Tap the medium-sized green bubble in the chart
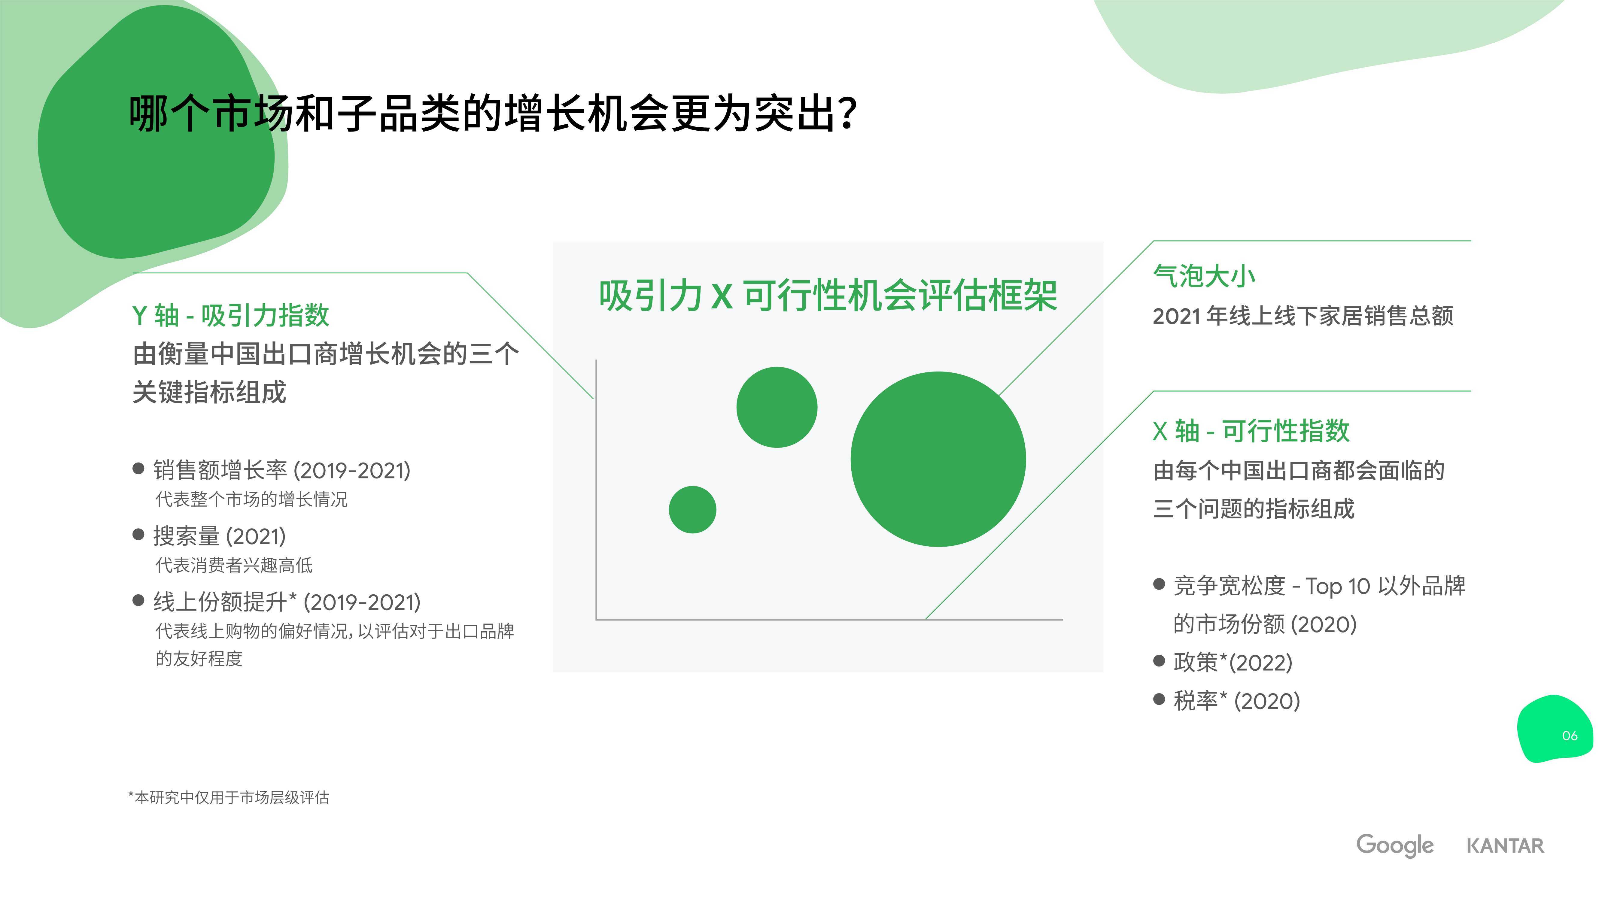point(777,407)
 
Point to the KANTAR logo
point(1505,846)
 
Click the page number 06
point(1570,736)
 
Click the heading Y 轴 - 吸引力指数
point(231,315)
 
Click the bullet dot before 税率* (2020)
point(1159,699)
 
